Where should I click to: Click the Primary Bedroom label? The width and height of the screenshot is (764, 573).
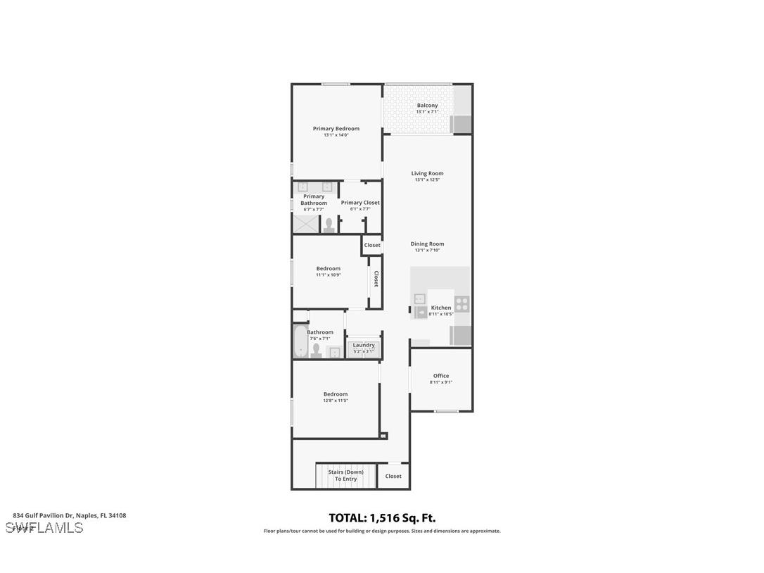336,129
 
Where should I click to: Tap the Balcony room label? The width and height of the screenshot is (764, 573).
427,106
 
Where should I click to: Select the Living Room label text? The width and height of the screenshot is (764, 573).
427,173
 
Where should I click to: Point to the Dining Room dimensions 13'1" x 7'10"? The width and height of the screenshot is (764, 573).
427,250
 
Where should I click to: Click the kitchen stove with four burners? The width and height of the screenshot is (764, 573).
461,304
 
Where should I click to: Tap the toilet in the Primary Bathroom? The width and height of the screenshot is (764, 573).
329,225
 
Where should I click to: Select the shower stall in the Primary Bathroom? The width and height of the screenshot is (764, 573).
305,225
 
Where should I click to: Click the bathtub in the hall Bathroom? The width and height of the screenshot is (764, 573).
300,341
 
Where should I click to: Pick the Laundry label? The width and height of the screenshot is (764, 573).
364,345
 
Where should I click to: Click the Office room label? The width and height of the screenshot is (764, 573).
441,376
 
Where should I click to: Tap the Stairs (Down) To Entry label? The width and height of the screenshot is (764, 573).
345,475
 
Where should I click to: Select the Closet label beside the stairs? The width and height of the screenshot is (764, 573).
393,476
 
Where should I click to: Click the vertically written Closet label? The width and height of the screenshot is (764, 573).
376,279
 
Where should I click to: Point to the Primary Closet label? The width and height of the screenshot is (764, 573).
360,203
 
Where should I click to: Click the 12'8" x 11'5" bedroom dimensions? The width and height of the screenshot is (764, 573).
336,401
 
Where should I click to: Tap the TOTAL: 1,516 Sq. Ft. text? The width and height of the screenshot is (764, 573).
382,518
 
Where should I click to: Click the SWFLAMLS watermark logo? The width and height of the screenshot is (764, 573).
44,527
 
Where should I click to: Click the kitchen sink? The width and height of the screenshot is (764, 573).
419,298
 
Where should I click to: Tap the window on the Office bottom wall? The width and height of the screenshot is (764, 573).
445,411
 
